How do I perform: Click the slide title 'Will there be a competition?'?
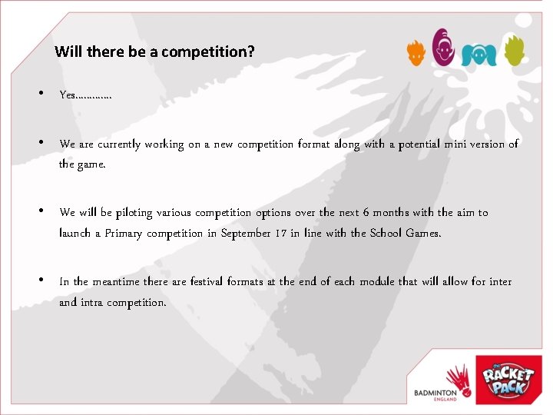click(x=155, y=52)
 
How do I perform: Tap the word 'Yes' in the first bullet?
click(x=68, y=95)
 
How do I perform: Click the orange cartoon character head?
click(x=416, y=52)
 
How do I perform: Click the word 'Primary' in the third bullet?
click(x=124, y=233)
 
